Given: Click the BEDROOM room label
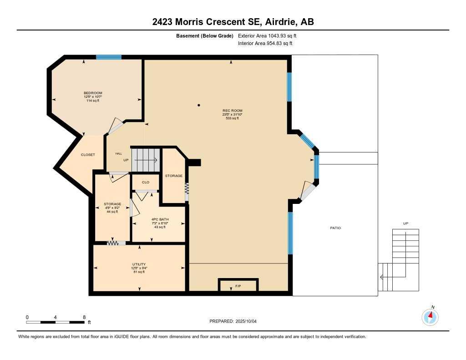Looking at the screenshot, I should click(x=93, y=93).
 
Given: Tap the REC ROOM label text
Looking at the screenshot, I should click(x=232, y=111).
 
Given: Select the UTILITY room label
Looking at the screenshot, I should click(x=139, y=264).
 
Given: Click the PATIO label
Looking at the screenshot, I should click(x=335, y=228).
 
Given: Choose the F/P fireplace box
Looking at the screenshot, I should click(x=238, y=285).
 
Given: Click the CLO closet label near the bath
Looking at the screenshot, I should click(x=146, y=182).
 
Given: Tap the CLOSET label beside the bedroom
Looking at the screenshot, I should click(x=88, y=155).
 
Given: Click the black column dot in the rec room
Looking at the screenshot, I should click(x=199, y=106).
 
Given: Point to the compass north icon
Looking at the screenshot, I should click(x=430, y=316).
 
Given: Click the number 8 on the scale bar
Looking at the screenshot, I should click(x=84, y=317).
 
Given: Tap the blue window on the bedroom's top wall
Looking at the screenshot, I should click(x=109, y=57).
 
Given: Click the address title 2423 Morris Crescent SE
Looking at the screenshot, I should click(x=233, y=22).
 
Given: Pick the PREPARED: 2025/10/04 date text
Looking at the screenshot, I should click(x=233, y=321).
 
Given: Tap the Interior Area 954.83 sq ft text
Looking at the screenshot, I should click(x=265, y=44).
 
